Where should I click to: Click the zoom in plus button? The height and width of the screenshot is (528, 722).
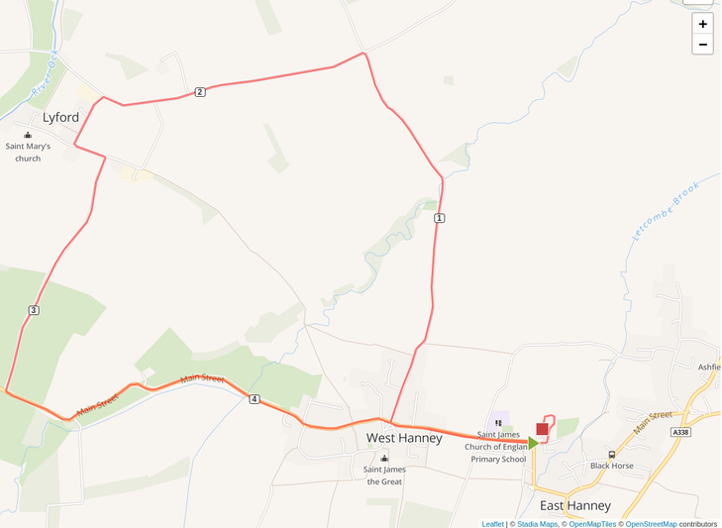pyautogui.click(x=702, y=24)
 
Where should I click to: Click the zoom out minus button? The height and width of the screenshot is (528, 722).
pyautogui.click(x=702, y=45)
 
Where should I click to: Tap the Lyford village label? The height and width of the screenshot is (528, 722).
pyautogui.click(x=60, y=117)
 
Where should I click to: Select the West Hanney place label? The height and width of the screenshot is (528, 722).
pyautogui.click(x=404, y=438)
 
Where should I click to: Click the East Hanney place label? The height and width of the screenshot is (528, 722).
pyautogui.click(x=575, y=505)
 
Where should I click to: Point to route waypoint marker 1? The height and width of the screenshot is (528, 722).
pyautogui.click(x=439, y=218)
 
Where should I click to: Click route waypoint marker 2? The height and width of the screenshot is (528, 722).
pyautogui.click(x=200, y=92)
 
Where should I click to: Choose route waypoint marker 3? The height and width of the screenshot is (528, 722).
pyautogui.click(x=34, y=310)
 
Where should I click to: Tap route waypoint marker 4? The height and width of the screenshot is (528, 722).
pyautogui.click(x=255, y=399)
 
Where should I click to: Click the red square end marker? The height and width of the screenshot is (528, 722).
pyautogui.click(x=542, y=429)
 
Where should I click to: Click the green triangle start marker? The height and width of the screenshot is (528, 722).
pyautogui.click(x=533, y=443)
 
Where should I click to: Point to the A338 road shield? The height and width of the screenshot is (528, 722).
pyautogui.click(x=679, y=432)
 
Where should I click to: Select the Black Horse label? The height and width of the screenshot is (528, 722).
pyautogui.click(x=611, y=466)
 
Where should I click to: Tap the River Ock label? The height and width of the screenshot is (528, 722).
pyautogui.click(x=45, y=76)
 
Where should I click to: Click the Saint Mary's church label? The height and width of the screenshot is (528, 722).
pyautogui.click(x=28, y=152)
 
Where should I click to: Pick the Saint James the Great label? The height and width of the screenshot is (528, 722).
pyautogui.click(x=384, y=475)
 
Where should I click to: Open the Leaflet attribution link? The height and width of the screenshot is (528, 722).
pyautogui.click(x=492, y=524)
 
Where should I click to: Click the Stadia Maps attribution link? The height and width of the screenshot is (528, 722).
pyautogui.click(x=536, y=524)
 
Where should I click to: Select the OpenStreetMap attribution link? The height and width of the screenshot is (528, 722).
pyautogui.click(x=651, y=524)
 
